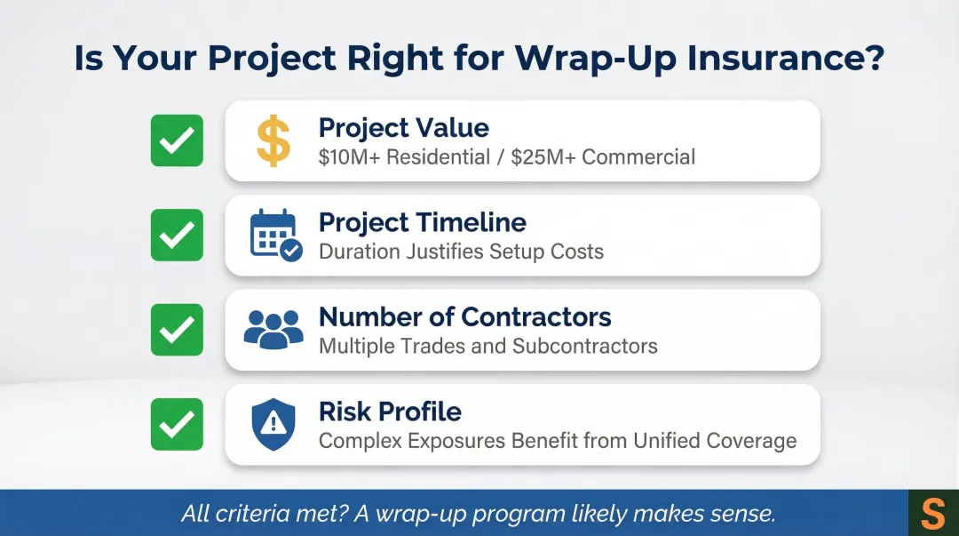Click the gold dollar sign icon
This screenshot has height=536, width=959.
point(273,141)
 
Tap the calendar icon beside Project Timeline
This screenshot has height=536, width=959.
point(275,236)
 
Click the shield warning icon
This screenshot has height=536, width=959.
point(273,424)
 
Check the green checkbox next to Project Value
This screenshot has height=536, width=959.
point(177,141)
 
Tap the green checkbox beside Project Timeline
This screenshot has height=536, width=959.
point(177,236)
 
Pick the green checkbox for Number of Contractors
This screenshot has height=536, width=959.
point(177,330)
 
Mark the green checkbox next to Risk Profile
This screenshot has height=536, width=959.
point(177,424)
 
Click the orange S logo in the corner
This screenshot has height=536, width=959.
point(933,514)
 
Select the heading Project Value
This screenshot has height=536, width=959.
point(403,128)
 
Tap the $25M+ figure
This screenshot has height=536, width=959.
point(543,157)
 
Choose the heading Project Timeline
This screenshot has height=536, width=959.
point(422,222)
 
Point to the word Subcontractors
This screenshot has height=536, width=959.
point(583,346)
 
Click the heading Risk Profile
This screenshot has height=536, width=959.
point(390,412)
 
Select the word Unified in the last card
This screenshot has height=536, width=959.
point(668,440)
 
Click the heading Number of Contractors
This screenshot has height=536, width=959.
point(464,316)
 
